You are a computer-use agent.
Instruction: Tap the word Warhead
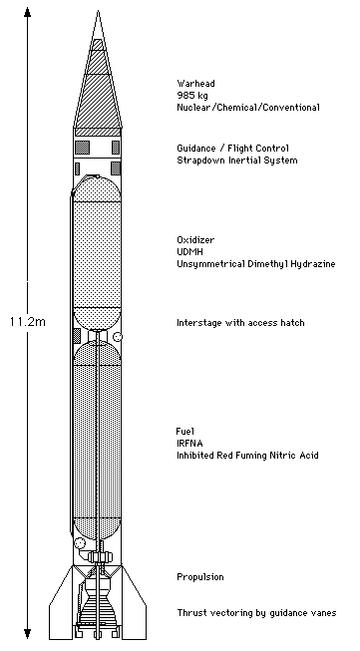pyautogui.click(x=193, y=84)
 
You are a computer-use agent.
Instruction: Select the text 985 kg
pyautogui.click(x=191, y=95)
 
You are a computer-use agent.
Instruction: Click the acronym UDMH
pyautogui.click(x=189, y=252)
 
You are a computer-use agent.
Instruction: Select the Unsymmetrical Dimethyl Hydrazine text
pyautogui.click(x=254, y=264)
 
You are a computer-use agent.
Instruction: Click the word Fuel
pyautogui.click(x=184, y=431)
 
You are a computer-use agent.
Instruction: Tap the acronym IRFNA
pyautogui.click(x=189, y=443)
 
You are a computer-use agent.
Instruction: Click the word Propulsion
pyautogui.click(x=199, y=577)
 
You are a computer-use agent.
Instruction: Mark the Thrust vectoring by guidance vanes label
pyautogui.click(x=256, y=612)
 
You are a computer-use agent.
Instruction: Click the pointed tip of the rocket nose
pyautogui.click(x=97, y=13)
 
